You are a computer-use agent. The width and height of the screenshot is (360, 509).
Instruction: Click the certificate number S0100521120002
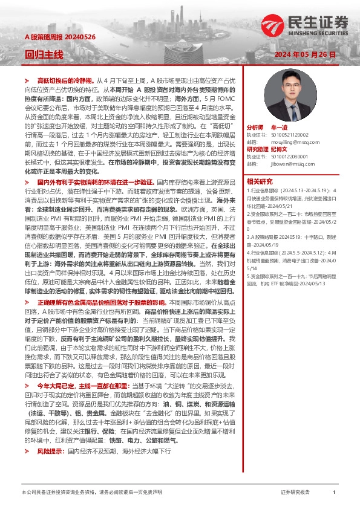click(x=295, y=135)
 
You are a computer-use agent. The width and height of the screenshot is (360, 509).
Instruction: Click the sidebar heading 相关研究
click(x=259, y=180)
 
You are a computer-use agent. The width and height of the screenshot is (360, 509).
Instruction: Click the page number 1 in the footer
click(x=334, y=493)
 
